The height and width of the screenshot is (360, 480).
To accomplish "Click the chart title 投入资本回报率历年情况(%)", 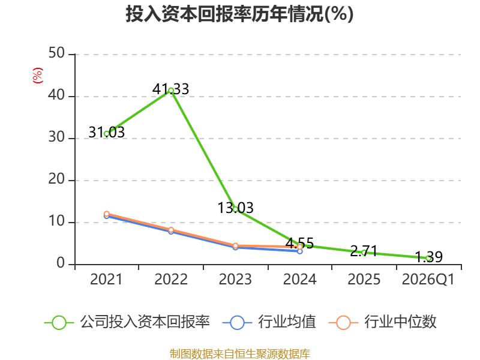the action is pyautogui.click(x=239, y=14).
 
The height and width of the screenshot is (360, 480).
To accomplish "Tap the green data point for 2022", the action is pyautogui.click(x=171, y=91).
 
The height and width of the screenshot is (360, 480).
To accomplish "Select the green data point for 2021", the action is pyautogui.click(x=107, y=134).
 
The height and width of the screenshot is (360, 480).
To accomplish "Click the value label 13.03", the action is pyautogui.click(x=235, y=208).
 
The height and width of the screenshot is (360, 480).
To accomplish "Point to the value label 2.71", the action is pyautogui.click(x=364, y=251).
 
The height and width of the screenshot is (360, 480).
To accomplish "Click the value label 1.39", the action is pyautogui.click(x=428, y=257).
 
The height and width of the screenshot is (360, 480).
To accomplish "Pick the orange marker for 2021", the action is pyautogui.click(x=107, y=214).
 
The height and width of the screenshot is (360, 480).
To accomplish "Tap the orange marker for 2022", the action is pyautogui.click(x=171, y=230).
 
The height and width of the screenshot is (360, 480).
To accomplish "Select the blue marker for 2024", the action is pyautogui.click(x=300, y=251).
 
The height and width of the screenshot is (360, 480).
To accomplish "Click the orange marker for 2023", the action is pyautogui.click(x=235, y=245).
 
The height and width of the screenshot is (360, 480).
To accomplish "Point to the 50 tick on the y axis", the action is pyautogui.click(x=56, y=53).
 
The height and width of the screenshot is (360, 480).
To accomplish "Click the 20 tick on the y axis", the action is pyautogui.click(x=56, y=179).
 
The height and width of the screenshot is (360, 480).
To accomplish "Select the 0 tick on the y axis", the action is pyautogui.click(x=61, y=263).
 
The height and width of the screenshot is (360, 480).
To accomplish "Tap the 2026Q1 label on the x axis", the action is pyautogui.click(x=428, y=279).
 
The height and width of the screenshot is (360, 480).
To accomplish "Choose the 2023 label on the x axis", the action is pyautogui.click(x=235, y=279).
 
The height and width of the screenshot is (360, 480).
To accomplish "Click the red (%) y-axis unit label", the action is pyautogui.click(x=37, y=76).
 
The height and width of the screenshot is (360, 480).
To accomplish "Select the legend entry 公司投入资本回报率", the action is pyautogui.click(x=127, y=322).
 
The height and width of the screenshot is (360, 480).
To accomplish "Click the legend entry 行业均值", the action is pyautogui.click(x=269, y=322).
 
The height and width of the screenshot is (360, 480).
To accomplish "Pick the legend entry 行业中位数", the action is pyautogui.click(x=383, y=322).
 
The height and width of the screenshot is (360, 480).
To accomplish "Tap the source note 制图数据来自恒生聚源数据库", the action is pyautogui.click(x=240, y=353).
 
